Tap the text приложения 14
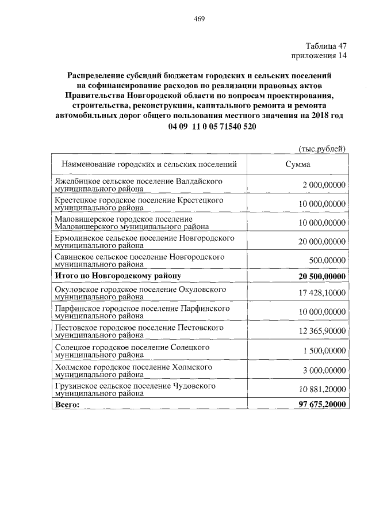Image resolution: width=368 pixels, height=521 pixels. click(x=319, y=56)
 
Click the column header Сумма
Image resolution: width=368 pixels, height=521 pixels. click(x=298, y=164)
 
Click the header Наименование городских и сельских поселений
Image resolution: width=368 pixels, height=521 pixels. click(x=149, y=164)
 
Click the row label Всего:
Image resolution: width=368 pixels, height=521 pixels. click(x=67, y=405)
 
